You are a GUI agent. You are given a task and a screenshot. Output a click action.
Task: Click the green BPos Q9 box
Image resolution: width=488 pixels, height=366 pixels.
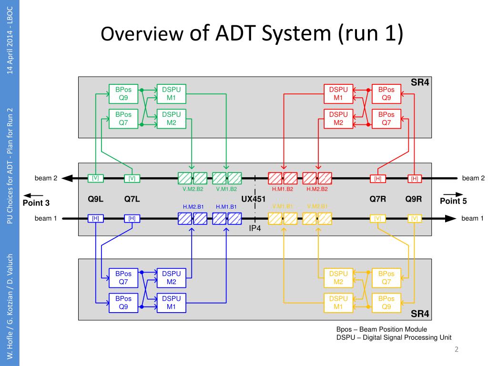pyautogui.click(x=123, y=94)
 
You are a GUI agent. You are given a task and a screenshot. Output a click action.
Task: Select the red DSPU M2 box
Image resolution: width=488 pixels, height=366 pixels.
pyautogui.click(x=338, y=119)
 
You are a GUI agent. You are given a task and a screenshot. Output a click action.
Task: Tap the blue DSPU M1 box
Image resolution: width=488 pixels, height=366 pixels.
pyautogui.click(x=171, y=302)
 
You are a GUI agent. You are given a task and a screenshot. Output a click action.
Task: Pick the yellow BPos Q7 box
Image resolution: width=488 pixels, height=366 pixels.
pyautogui.click(x=386, y=278)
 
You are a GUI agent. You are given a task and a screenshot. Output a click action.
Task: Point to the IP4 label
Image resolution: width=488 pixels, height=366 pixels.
pyautogui.click(x=255, y=228)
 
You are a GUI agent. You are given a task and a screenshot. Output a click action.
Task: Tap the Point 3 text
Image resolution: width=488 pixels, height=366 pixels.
pyautogui.click(x=36, y=203)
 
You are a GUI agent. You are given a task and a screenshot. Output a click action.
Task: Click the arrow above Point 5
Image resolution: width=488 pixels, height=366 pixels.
pyautogui.click(x=453, y=194)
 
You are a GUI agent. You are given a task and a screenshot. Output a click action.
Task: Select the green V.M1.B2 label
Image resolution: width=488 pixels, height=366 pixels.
pyautogui.click(x=226, y=189)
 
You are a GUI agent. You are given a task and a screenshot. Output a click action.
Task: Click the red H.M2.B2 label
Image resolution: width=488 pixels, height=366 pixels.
pyautogui.click(x=317, y=189)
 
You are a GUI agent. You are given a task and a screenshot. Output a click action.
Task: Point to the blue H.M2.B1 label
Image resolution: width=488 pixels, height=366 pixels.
pyautogui.click(x=193, y=207)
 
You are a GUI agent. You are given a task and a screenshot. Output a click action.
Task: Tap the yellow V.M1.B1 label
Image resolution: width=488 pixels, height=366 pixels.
pyautogui.click(x=283, y=207)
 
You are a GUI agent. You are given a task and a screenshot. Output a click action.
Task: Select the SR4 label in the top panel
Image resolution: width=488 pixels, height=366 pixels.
pyautogui.click(x=420, y=82)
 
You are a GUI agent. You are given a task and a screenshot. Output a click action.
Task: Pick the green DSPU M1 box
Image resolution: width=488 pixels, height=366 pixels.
pyautogui.click(x=171, y=94)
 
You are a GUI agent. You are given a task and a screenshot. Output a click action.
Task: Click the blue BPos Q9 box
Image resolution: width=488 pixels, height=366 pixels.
pyautogui.click(x=123, y=302)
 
